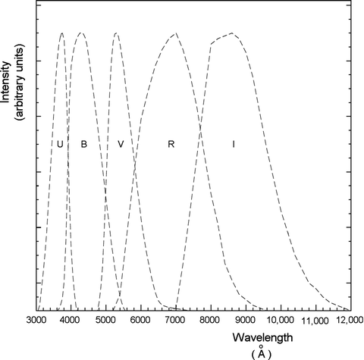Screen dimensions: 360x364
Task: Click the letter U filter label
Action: click(x=60, y=144)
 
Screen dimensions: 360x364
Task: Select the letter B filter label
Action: click(x=83, y=144)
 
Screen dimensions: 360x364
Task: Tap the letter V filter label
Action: click(x=121, y=144)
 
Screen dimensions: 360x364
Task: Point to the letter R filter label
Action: click(x=171, y=144)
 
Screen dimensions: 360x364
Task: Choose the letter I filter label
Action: click(x=234, y=144)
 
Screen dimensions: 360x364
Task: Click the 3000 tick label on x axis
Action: click(x=37, y=321)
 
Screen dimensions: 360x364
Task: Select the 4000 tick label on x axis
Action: click(x=70, y=321)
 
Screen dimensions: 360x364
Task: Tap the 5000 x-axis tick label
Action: click(x=105, y=321)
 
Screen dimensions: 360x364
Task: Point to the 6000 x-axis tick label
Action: click(x=140, y=321)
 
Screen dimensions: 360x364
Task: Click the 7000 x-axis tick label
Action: click(x=175, y=321)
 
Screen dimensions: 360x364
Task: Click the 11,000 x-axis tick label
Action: click(x=313, y=321)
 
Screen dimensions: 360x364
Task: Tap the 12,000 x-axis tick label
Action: click(x=346, y=321)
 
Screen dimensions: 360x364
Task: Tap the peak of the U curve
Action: click(x=61, y=33)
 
